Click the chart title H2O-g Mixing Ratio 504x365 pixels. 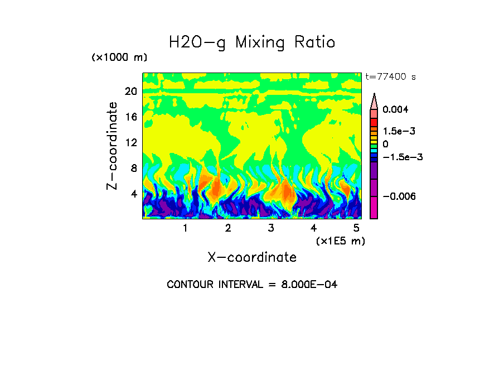252,42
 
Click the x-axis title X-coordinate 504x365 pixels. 252,257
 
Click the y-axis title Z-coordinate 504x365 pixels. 113,146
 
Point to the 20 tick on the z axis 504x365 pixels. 130,92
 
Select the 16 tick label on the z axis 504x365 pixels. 130,117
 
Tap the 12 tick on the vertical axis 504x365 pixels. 130,143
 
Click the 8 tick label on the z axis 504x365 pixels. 133,169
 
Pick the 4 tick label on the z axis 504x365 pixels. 133,194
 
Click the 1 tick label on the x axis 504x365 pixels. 185,228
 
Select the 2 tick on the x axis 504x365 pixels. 228,228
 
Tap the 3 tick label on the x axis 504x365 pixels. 271,228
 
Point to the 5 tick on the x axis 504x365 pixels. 356,228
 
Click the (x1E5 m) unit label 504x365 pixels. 340,241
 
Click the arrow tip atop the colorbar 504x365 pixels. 374,95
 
